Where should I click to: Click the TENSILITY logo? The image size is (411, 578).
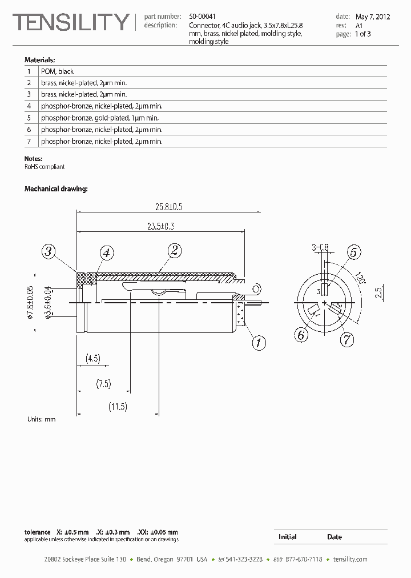pos(71,23)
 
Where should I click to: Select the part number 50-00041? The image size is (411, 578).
pos(203,17)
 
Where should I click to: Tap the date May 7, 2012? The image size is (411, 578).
pos(373,17)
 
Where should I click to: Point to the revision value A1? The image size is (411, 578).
pos(359,26)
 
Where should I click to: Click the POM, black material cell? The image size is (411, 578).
pos(57,71)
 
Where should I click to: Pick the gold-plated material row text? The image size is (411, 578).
pos(99,118)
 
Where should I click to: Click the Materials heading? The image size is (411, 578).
pos(39,59)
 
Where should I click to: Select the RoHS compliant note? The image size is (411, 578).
pos(45,167)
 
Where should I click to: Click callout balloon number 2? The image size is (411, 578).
pos(174,250)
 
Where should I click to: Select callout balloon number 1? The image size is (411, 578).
pos(259,343)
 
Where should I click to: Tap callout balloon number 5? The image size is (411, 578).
pos(354,252)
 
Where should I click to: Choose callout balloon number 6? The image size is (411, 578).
pos(301,335)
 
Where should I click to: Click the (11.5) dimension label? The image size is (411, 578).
pos(118,407)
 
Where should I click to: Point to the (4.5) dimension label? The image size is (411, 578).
pos(92,359)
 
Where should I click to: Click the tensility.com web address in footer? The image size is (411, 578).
pos(350,559)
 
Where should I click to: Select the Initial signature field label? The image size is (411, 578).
pos(287,537)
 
